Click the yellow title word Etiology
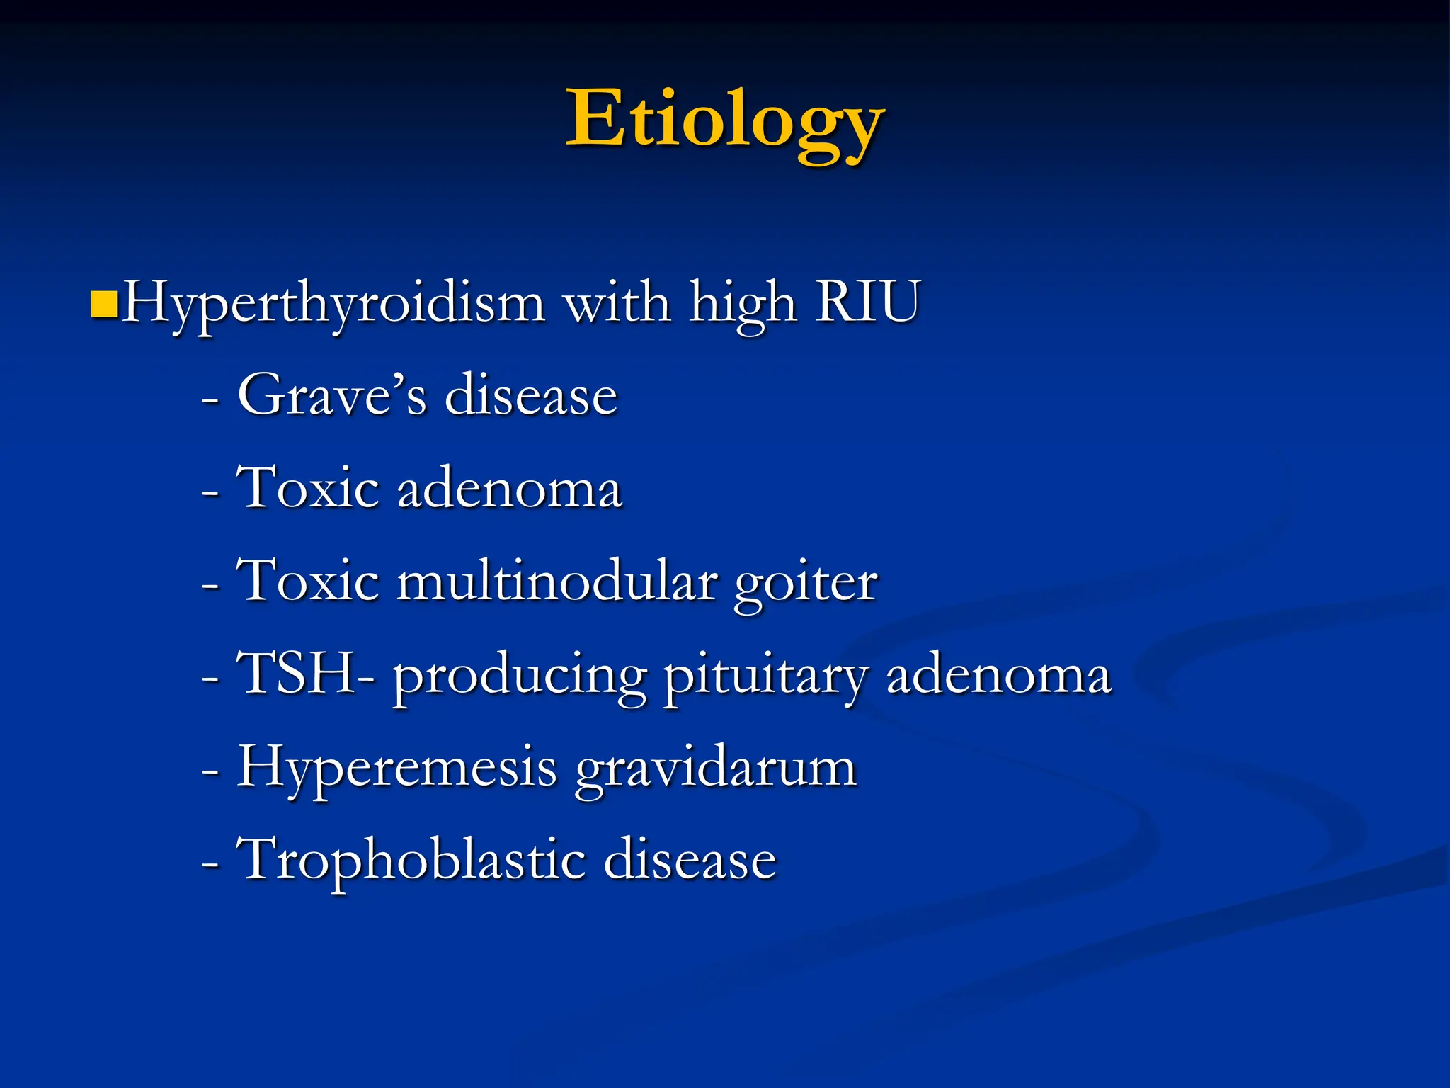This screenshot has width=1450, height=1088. tap(725, 120)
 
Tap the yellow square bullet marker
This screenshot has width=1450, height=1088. tap(104, 304)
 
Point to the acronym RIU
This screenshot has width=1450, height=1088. tap(867, 302)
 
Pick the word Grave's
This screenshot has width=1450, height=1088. tap(332, 395)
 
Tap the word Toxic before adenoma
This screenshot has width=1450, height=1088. tap(309, 488)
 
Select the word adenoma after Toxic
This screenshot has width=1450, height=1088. tap(510, 489)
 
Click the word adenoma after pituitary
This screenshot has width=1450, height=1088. tap(998, 675)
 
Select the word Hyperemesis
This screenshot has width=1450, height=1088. tap(397, 769)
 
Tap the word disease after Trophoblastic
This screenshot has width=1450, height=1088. tap(690, 861)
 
